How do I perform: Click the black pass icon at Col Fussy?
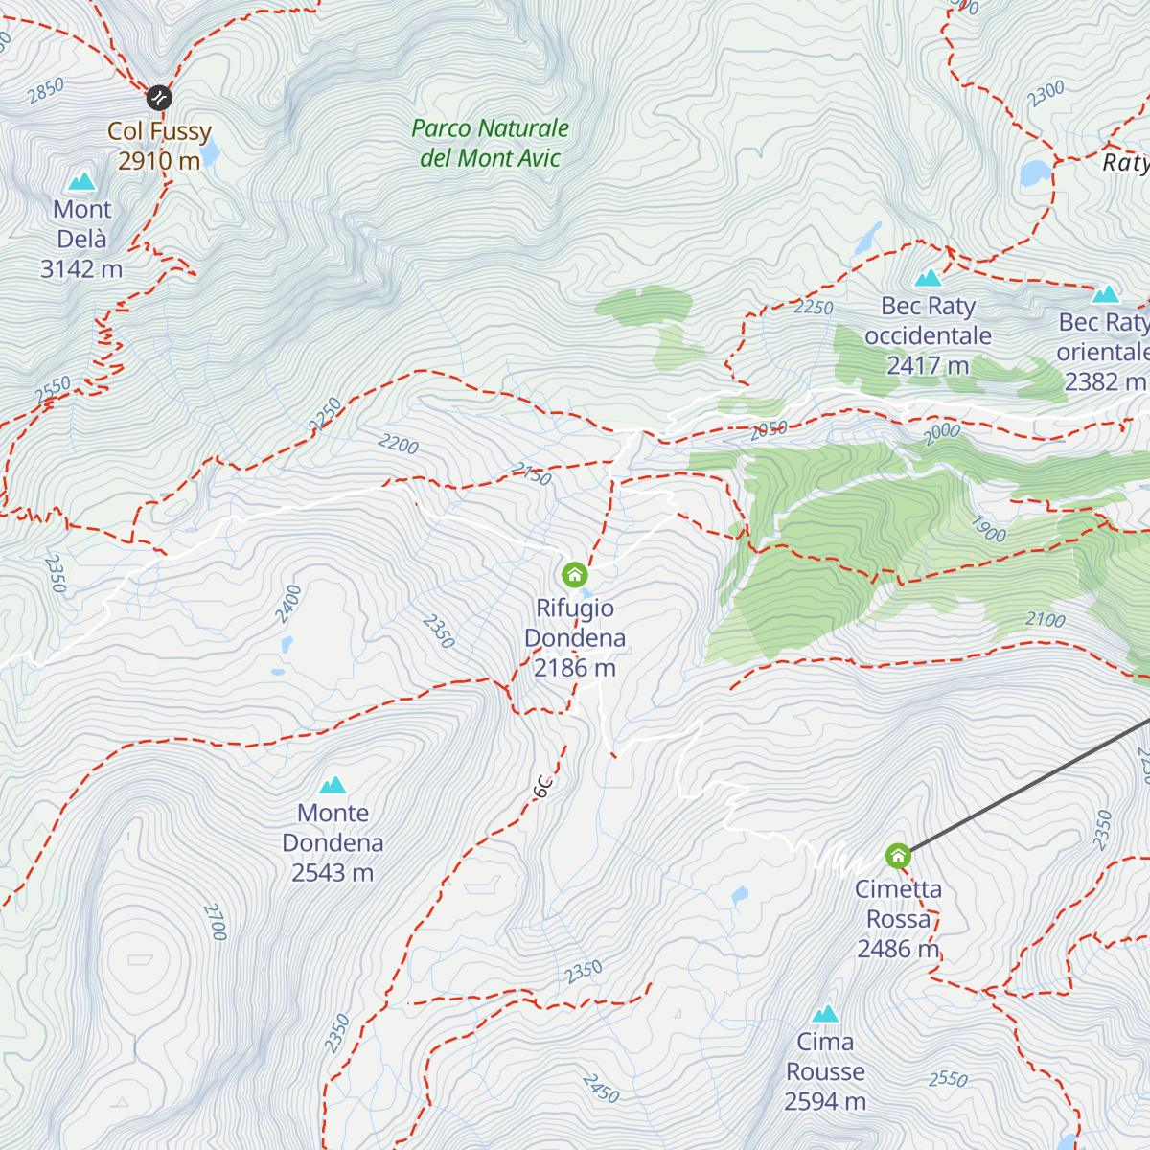click(159, 97)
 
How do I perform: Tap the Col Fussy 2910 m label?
click(159, 146)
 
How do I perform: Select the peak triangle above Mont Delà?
click(81, 180)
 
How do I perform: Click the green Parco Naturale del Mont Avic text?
click(490, 143)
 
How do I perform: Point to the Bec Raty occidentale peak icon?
click(928, 278)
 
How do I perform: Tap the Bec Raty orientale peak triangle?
click(1106, 293)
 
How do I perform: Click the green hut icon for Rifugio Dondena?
click(575, 575)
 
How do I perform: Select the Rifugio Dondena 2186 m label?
click(575, 638)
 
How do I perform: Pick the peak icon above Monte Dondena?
click(333, 785)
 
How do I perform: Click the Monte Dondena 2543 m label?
click(333, 842)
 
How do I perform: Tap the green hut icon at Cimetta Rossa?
click(898, 854)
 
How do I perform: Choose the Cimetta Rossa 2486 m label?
click(898, 919)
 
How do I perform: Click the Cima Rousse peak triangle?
click(825, 1013)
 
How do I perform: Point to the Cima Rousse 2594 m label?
click(825, 1071)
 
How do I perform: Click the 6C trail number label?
click(543, 786)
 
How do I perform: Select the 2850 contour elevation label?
click(45, 90)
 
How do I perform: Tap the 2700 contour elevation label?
click(215, 921)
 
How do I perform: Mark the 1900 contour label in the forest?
click(988, 529)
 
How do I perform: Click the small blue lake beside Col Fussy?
click(210, 152)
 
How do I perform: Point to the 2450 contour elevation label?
click(600, 1089)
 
